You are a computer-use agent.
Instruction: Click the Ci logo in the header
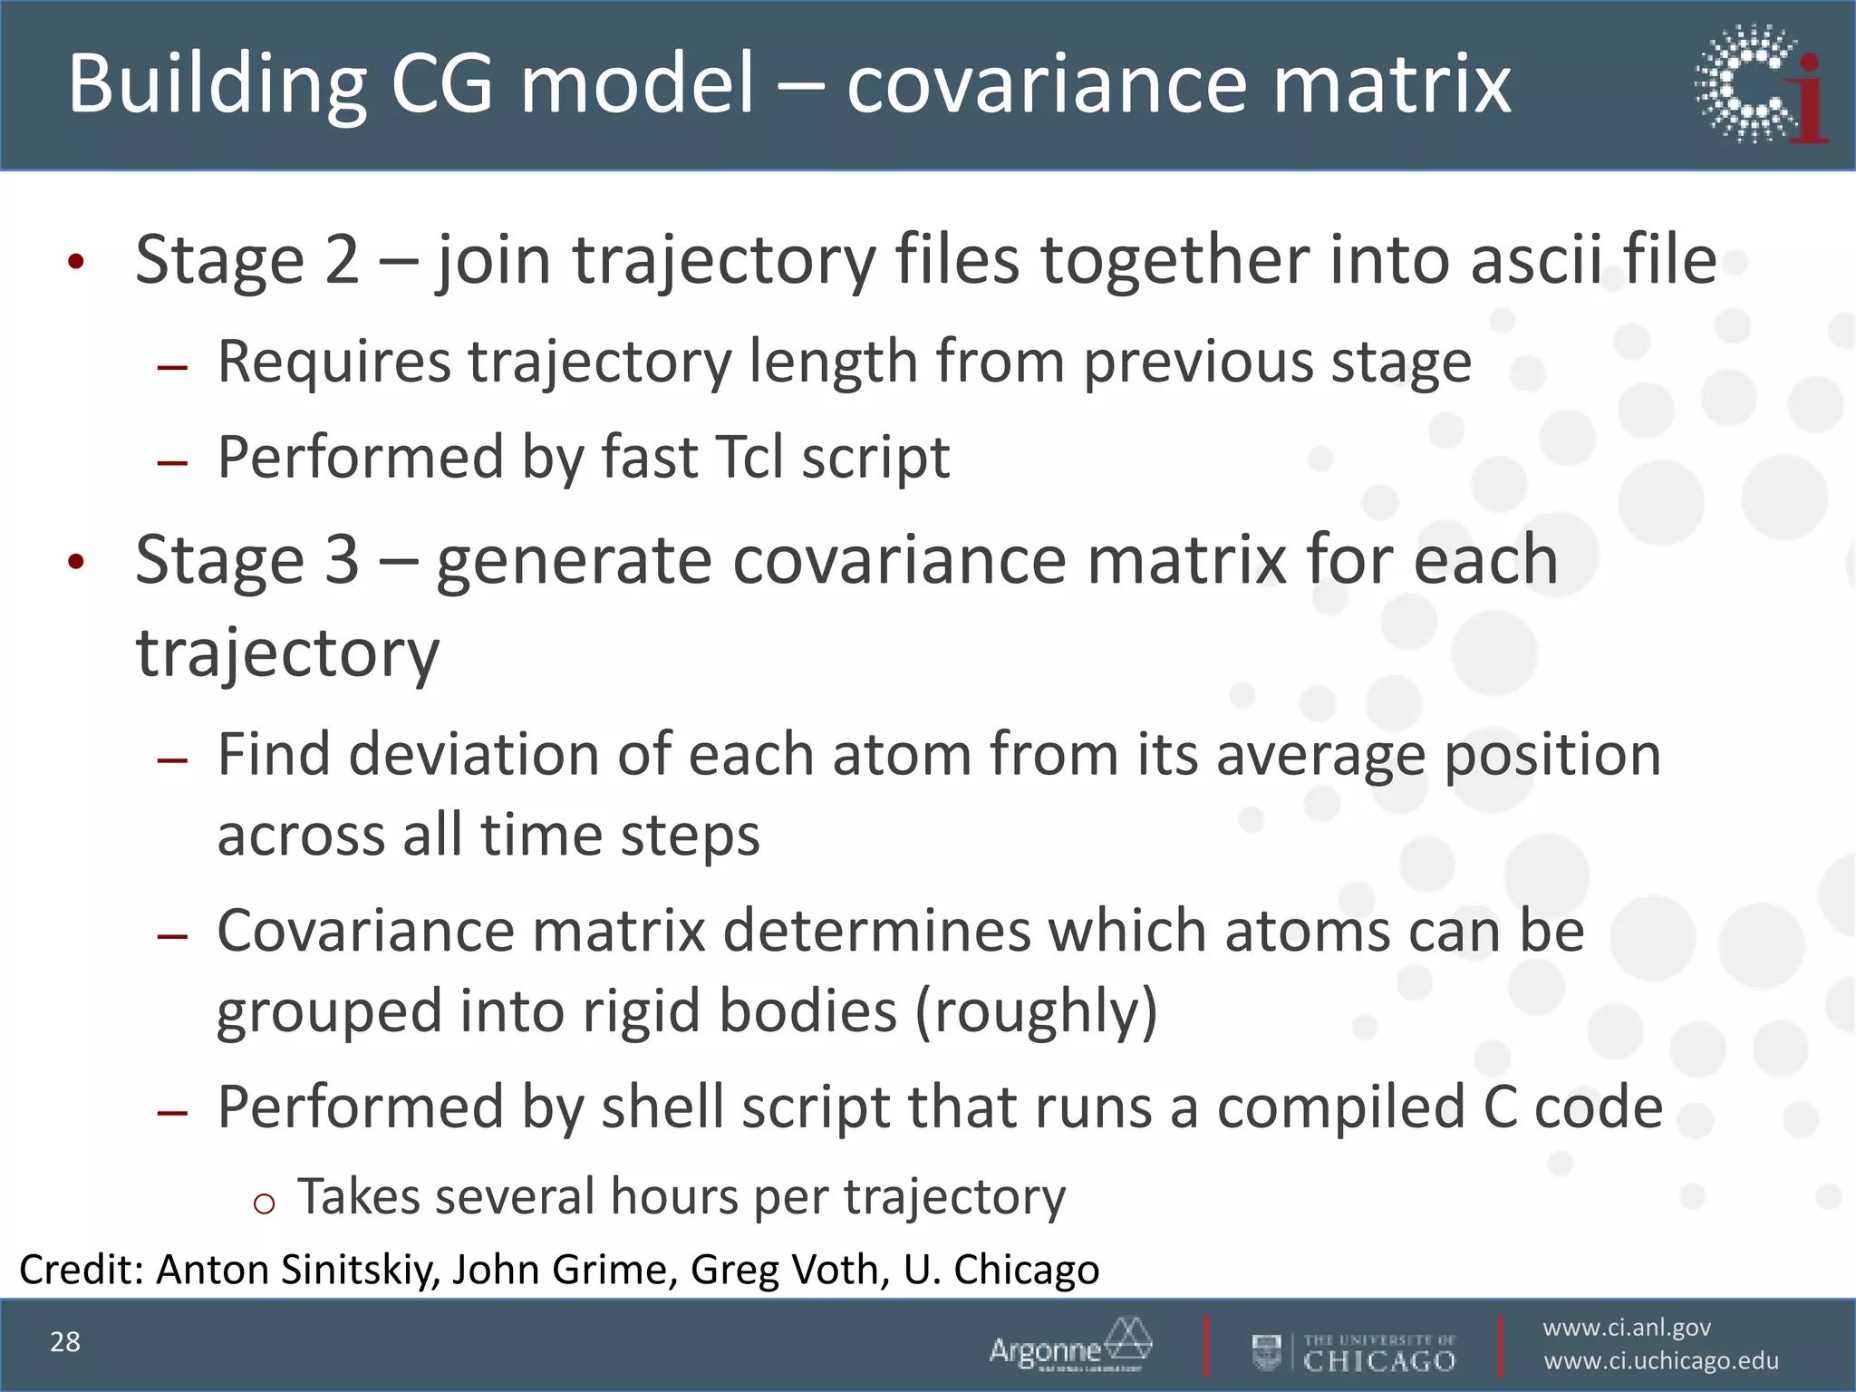(1761, 83)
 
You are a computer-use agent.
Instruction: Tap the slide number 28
(65, 1342)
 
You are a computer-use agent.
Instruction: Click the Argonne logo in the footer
(1070, 1345)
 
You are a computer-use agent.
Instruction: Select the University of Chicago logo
(1354, 1352)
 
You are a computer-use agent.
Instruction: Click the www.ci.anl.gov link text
(1627, 1328)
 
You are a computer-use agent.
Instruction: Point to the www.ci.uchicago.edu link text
(1661, 1361)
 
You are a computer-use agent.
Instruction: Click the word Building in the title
(217, 83)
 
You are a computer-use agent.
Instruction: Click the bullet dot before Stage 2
(76, 263)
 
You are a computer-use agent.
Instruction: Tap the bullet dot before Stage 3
(76, 562)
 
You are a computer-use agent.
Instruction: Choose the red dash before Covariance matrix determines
(172, 936)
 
